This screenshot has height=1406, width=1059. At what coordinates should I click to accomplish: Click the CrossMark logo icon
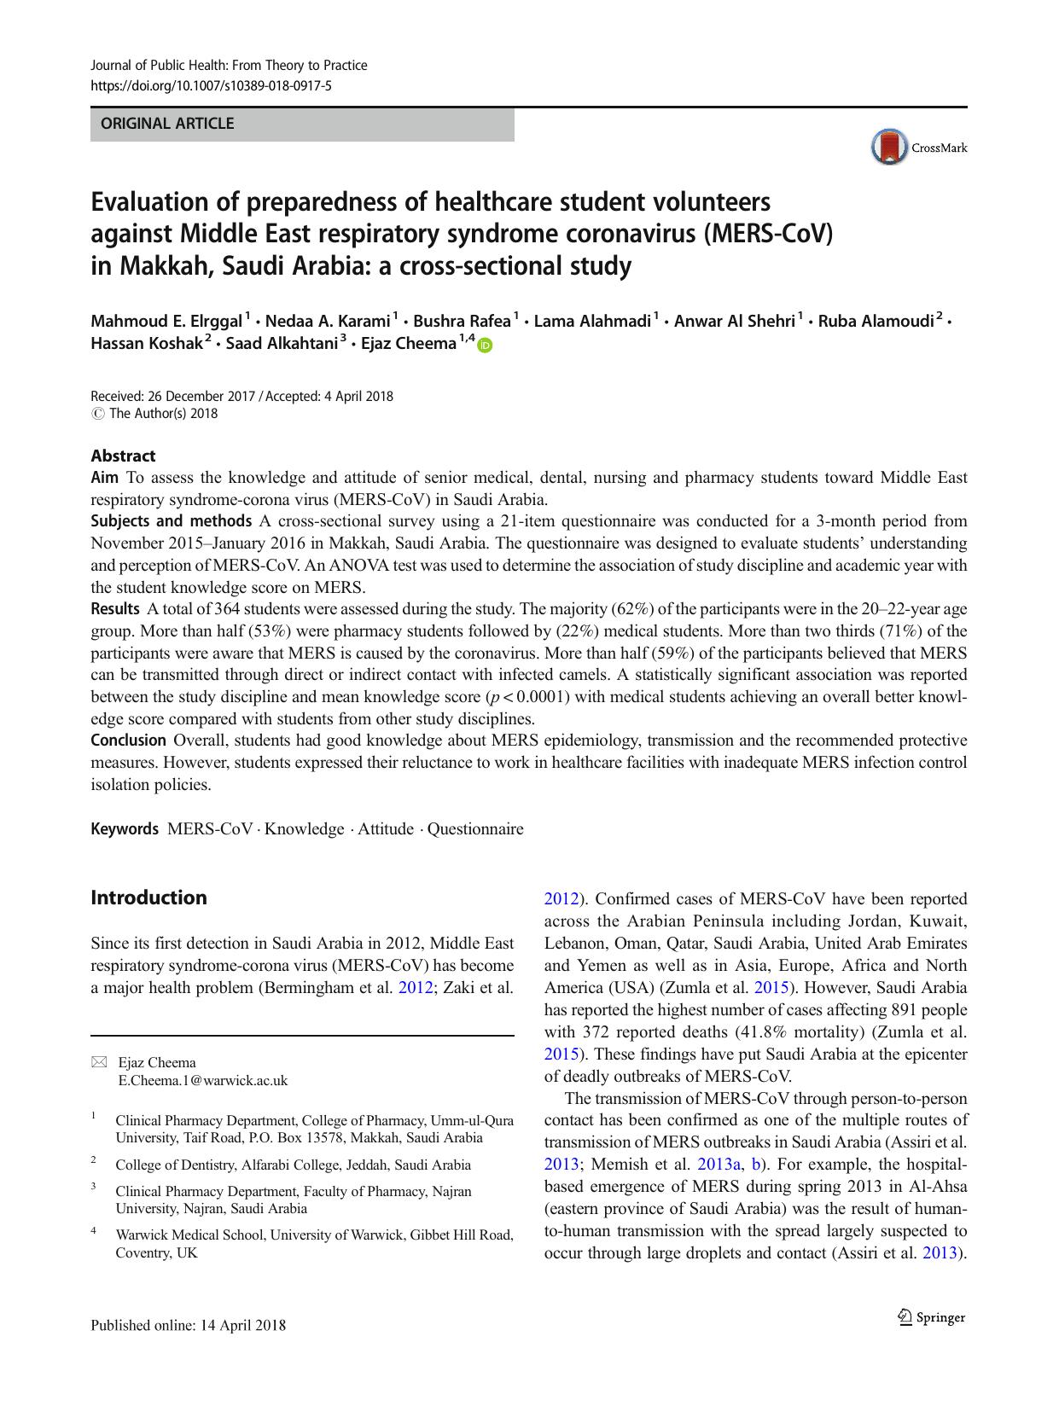point(888,148)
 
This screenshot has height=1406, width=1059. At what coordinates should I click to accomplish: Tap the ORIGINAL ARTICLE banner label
point(167,124)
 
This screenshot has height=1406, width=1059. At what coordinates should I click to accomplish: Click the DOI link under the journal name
point(211,86)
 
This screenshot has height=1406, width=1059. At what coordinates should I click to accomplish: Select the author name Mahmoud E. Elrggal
point(166,322)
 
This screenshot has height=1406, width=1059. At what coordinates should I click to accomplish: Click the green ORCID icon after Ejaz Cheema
point(486,345)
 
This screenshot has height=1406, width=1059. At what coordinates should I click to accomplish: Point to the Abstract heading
point(123,456)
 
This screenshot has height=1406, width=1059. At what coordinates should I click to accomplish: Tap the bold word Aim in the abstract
point(104,477)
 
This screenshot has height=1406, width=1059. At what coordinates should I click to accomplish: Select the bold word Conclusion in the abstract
point(129,740)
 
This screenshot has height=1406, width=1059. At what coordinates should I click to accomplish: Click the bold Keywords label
point(125,828)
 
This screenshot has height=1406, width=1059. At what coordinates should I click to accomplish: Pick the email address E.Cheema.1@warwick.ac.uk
point(203,1080)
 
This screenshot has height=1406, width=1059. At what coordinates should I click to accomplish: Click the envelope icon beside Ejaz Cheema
point(99,1062)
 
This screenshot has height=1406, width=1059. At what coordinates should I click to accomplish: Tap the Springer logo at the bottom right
point(931,1317)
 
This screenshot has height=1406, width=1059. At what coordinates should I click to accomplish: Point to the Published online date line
point(189,1325)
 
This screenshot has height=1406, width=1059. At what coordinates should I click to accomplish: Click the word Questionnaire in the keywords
point(475,828)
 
